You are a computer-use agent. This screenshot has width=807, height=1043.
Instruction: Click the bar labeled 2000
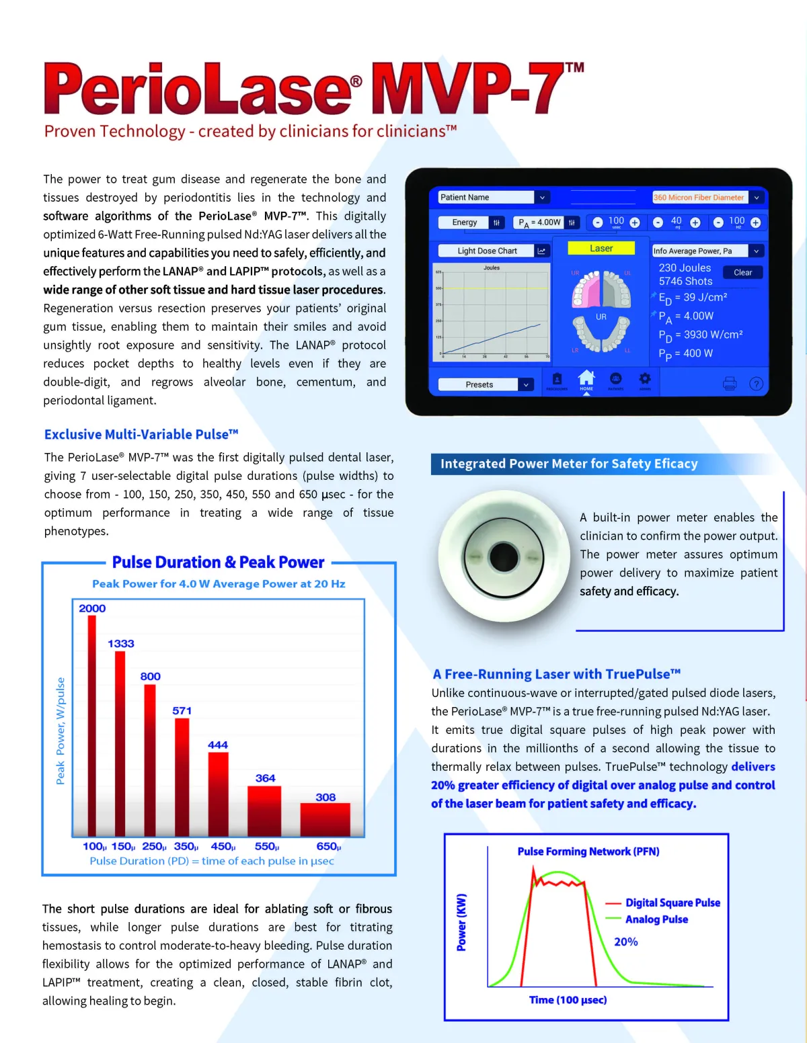pos(92,726)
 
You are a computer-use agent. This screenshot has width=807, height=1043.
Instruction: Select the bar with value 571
pos(182,776)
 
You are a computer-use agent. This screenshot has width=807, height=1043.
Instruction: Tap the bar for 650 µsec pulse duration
pos(325,819)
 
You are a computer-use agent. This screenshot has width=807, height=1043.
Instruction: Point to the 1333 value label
pos(121,644)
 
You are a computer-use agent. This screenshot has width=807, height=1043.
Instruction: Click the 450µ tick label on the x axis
pos(223,847)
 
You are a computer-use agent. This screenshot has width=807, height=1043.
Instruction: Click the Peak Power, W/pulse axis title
pos(61,731)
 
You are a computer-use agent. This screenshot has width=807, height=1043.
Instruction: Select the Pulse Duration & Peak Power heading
pos(218,562)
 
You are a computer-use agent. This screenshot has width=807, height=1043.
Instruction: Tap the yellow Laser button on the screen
pos(601,248)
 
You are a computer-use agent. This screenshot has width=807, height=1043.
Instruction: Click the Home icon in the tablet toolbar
pos(586,379)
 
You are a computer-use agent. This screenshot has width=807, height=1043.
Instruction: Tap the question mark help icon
pos(757,384)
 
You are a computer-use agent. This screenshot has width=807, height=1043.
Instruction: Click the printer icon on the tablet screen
pos(730,384)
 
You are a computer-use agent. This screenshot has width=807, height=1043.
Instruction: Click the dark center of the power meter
pos(504,556)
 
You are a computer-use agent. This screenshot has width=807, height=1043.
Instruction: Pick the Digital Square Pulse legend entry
pos(672,903)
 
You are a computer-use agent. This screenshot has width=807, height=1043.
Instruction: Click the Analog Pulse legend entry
pos(656,919)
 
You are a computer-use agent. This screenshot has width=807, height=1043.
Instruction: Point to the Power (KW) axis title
pos(461,922)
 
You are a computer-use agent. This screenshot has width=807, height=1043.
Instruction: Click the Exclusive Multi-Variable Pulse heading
pos(141,435)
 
